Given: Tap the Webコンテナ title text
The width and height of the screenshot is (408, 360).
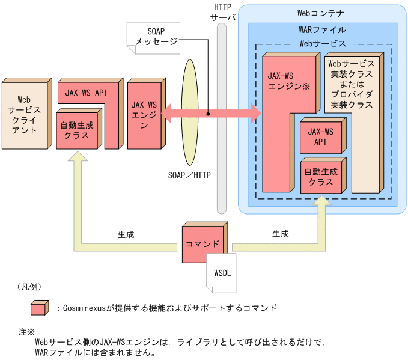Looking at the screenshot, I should [321, 12].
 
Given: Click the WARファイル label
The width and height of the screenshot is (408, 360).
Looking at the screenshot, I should [322, 29].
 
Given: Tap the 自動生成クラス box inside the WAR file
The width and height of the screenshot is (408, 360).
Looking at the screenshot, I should [321, 177].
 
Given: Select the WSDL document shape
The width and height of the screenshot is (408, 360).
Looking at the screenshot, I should [221, 270].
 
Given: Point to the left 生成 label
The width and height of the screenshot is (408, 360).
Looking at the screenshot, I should [126, 234].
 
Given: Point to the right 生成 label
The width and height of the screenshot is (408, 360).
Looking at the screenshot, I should [280, 234].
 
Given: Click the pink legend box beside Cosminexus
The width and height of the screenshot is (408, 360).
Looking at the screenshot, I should [39, 308].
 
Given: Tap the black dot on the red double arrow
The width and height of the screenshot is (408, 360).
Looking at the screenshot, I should [208, 113].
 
